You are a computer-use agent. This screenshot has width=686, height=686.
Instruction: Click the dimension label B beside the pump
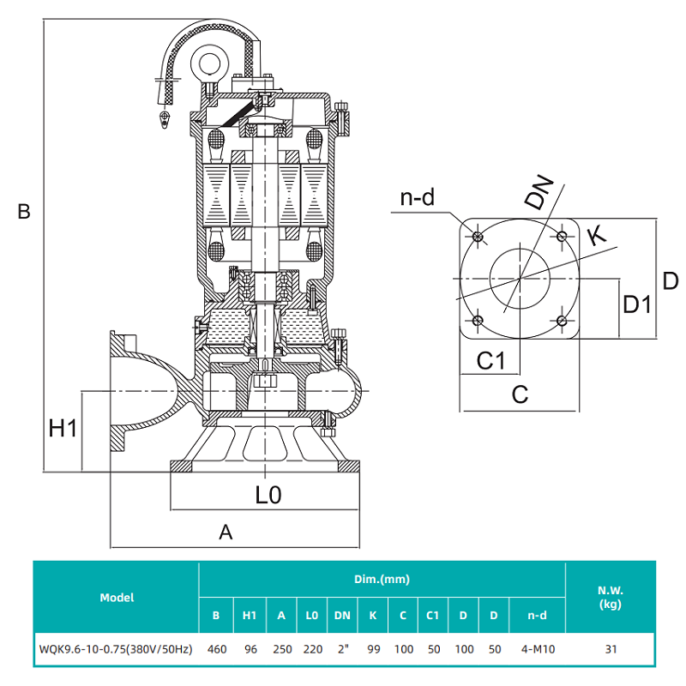(24, 211)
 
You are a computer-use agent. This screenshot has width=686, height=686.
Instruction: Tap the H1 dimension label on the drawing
(63, 428)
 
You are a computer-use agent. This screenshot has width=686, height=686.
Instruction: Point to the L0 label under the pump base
(268, 495)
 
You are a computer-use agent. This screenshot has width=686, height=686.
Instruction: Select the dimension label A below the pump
(226, 533)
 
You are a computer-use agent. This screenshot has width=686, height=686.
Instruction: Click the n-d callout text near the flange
(418, 199)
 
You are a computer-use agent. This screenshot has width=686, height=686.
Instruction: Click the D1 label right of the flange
(637, 304)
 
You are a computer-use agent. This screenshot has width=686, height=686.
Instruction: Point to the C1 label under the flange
(490, 361)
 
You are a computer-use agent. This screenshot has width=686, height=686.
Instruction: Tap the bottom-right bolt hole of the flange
(561, 321)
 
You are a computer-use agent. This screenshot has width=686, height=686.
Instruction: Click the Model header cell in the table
(117, 598)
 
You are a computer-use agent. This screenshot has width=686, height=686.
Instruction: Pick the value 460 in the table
(217, 649)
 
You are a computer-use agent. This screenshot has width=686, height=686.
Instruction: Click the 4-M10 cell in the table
(536, 649)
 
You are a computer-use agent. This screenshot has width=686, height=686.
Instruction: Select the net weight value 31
(611, 649)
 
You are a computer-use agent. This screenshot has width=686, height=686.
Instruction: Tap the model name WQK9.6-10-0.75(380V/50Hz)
(116, 649)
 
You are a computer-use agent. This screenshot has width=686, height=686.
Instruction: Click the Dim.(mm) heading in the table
(382, 580)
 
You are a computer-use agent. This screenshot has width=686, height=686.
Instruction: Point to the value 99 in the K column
(373, 649)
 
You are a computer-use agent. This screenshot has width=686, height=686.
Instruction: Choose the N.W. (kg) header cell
(611, 598)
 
